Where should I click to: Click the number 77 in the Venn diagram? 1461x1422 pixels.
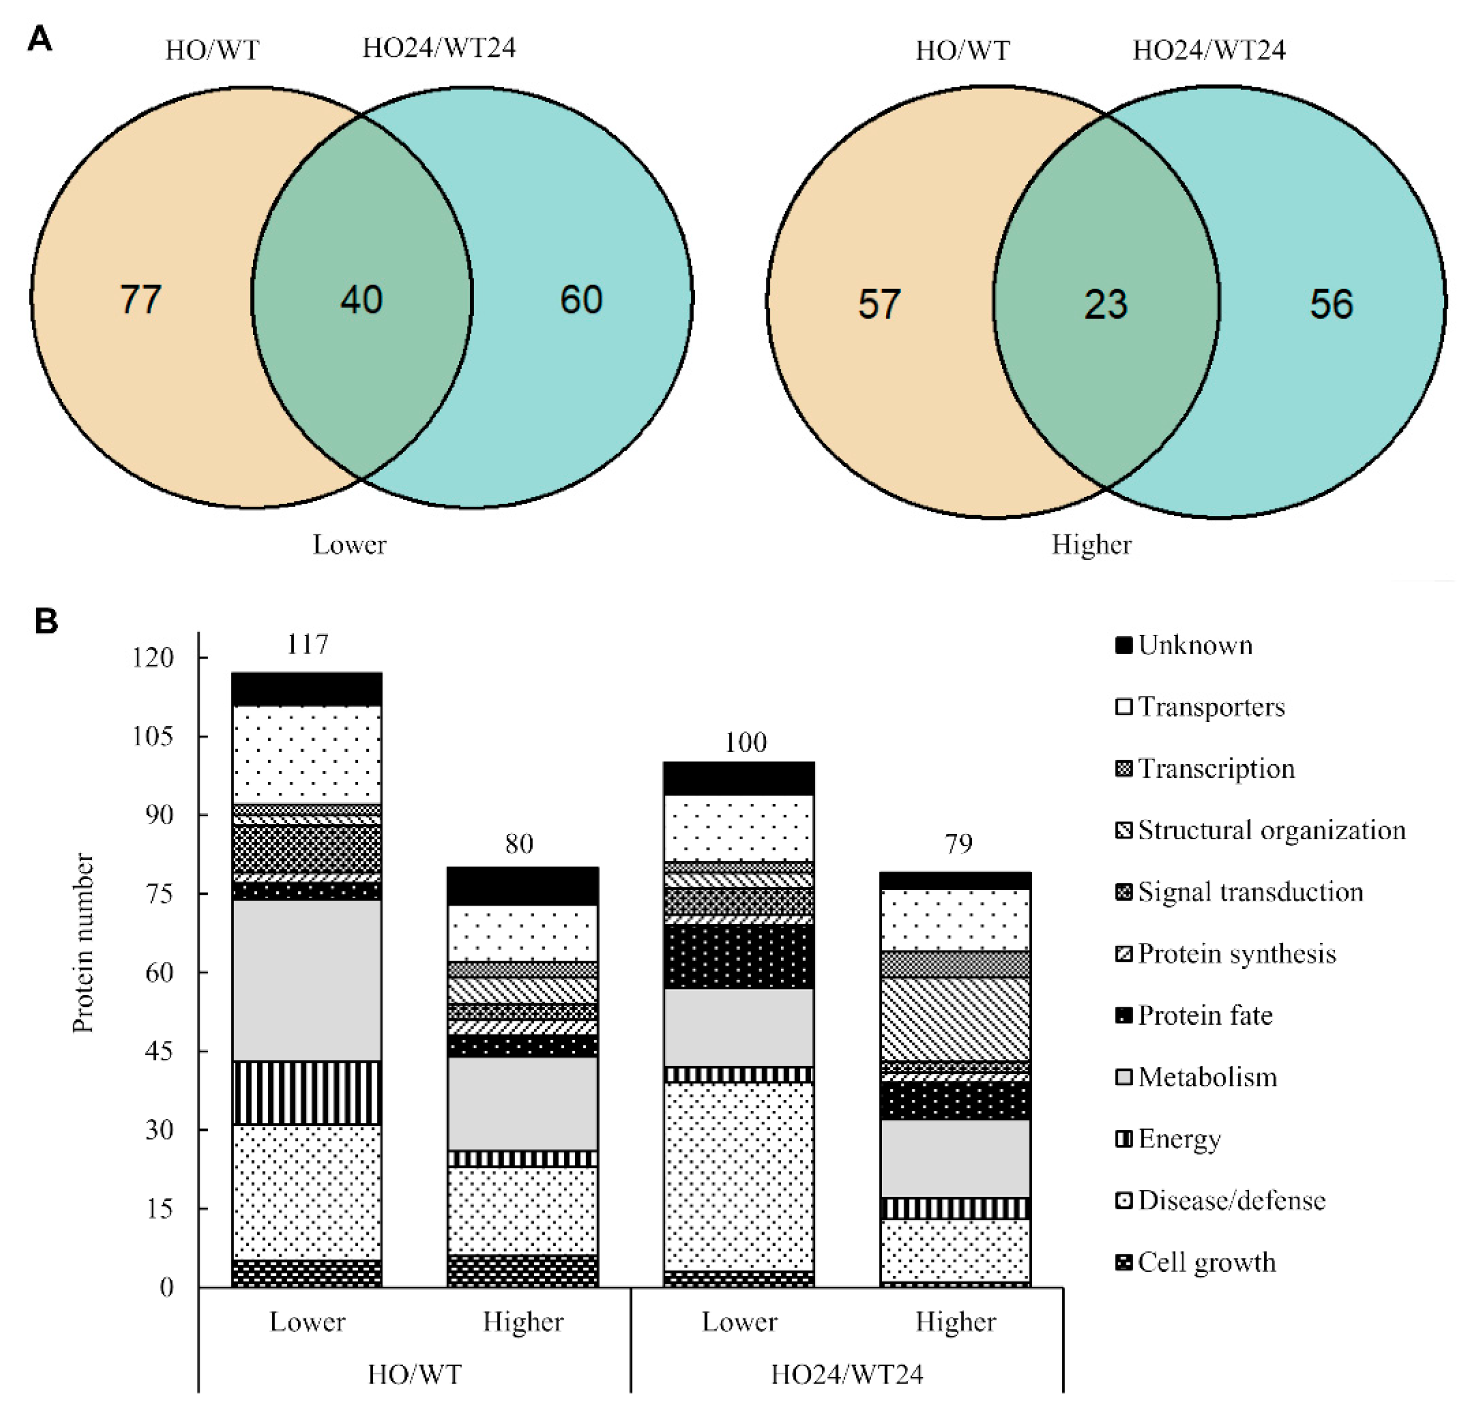click(140, 300)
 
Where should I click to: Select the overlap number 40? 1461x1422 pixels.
click(361, 300)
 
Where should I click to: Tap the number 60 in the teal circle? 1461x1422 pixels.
click(581, 300)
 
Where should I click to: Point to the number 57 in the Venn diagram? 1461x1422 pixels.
click(878, 305)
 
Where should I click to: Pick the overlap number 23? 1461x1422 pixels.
click(1105, 305)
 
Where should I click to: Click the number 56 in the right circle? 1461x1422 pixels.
click(1331, 305)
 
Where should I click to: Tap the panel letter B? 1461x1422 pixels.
click(46, 621)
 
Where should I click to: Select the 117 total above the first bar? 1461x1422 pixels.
click(307, 644)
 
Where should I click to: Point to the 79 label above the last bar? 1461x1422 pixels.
click(958, 844)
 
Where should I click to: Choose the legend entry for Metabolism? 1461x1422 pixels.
click(1206, 1077)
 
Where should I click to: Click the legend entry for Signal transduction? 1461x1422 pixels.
click(1249, 892)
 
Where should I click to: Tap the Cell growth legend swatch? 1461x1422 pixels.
click(1123, 1262)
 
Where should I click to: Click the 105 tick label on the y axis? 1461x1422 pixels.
click(152, 736)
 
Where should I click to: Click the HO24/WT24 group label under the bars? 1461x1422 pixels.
click(846, 1374)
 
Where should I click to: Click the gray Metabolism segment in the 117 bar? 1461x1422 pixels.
click(307, 980)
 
